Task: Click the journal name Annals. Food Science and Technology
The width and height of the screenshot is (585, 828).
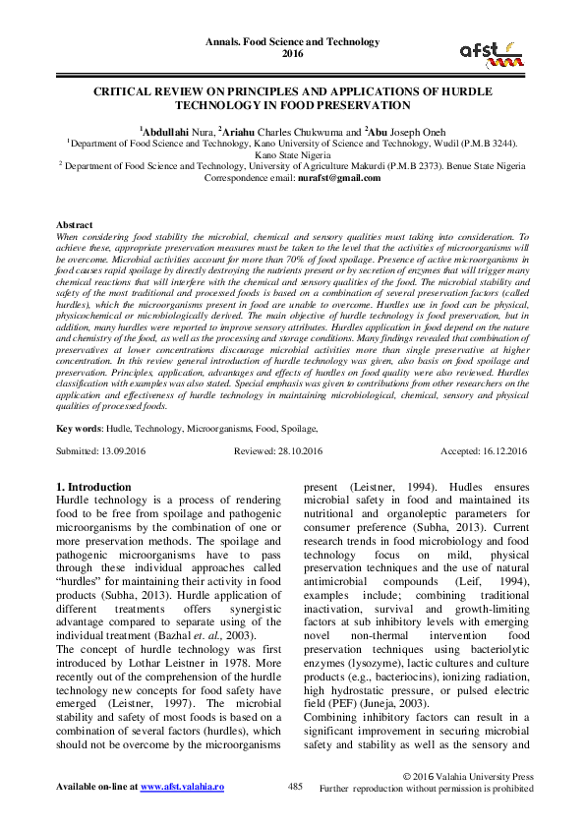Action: coord(292,42)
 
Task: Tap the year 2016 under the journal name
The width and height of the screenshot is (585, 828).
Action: coord(292,55)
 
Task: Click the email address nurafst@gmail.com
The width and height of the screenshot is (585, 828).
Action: coord(339,178)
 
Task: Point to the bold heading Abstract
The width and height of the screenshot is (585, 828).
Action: coord(75,225)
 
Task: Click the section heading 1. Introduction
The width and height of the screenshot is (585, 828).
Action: coord(93,487)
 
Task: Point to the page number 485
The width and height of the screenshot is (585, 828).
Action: coord(295,787)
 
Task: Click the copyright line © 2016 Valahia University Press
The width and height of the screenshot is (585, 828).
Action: coord(468,776)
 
